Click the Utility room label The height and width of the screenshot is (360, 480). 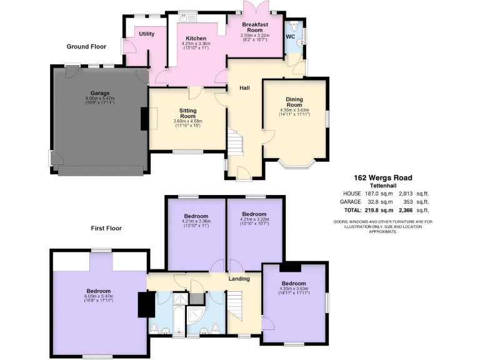[x=147, y=34]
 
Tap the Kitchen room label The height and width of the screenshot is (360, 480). [x=196, y=38]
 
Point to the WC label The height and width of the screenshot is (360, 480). [x=291, y=36]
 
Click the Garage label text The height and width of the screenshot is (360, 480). [x=99, y=93]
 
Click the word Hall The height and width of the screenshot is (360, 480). [x=245, y=88]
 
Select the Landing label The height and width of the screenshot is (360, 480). [x=239, y=279]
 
